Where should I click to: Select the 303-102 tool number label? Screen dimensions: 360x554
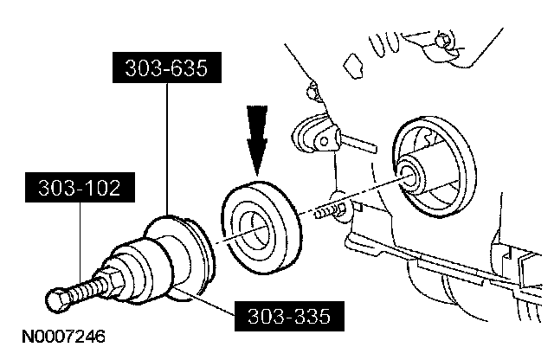pos(80,185)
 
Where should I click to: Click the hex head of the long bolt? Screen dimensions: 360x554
pos(56,300)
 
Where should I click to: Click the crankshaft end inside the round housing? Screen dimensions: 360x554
pos(412,172)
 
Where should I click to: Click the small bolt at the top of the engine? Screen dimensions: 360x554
pos(442,42)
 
